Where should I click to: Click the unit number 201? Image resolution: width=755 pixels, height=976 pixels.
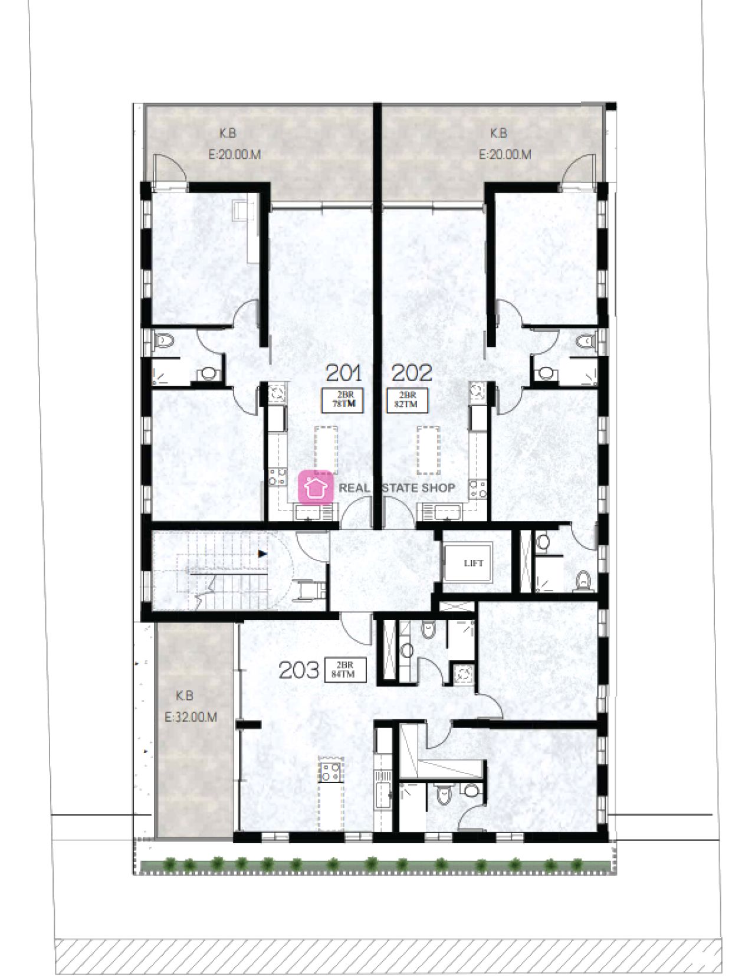344,373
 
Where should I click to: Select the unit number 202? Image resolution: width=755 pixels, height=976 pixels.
412,373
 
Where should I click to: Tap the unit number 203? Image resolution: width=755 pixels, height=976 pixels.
299,670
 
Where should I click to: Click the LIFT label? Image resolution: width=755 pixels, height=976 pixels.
473,563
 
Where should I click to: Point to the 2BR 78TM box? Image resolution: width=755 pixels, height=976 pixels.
343,400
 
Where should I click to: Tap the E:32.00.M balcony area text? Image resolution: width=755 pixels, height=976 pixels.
191,718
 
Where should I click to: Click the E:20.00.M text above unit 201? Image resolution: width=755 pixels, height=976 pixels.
234,155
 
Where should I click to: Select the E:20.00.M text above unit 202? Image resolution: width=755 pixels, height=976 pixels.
504,155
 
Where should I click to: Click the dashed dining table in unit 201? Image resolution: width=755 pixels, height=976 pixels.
326,450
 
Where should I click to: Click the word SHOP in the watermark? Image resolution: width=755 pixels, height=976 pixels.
437,488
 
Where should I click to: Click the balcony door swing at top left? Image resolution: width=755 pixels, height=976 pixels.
168,168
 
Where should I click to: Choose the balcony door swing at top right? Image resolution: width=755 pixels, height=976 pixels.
579,168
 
